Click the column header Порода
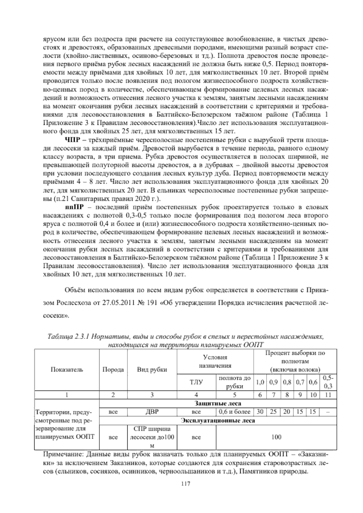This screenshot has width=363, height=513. (x=113, y=370)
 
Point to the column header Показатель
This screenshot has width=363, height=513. (x=67, y=370)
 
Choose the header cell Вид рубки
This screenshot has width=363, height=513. (x=152, y=370)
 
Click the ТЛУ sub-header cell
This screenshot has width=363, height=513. (x=196, y=382)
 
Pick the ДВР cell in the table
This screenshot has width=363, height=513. (x=152, y=412)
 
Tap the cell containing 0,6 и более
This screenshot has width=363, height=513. (x=235, y=412)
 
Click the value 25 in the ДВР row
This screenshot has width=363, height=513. (x=273, y=412)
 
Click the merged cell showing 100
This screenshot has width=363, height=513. (x=276, y=437)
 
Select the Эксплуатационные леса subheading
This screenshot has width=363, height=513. (x=218, y=421)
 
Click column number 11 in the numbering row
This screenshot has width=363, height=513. (x=328, y=395)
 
